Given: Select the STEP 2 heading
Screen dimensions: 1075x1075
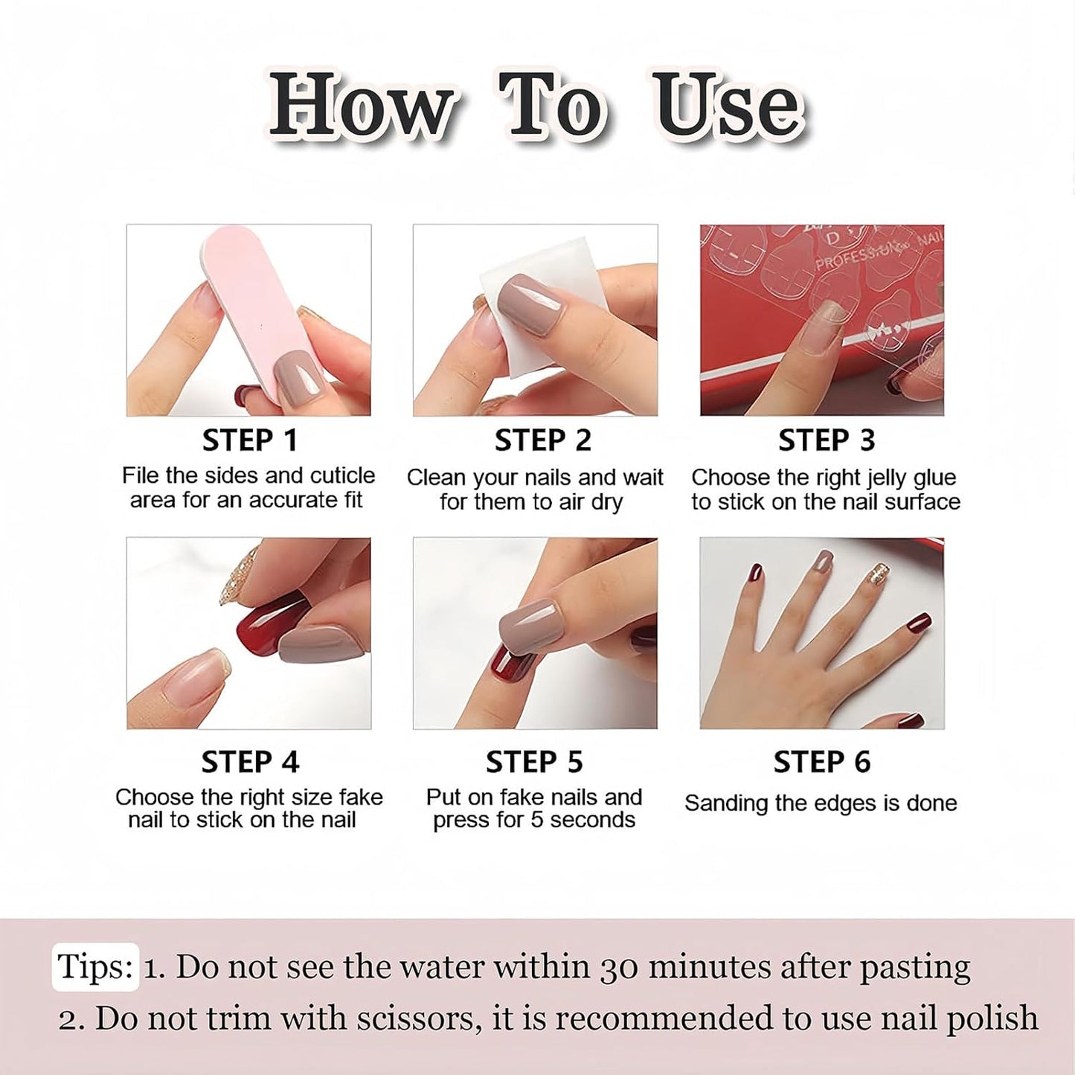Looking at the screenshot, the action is (x=542, y=440).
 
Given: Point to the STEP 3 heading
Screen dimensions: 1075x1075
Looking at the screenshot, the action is (x=827, y=440).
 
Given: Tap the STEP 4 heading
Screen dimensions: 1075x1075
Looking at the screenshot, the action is (x=250, y=762).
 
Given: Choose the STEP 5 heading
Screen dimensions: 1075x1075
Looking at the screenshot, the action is (x=534, y=762).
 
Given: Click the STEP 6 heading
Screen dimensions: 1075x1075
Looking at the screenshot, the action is (x=822, y=762).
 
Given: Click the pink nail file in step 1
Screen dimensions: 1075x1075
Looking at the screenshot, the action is (x=262, y=312).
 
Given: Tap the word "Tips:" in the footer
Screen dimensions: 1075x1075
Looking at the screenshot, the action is (x=95, y=966).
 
